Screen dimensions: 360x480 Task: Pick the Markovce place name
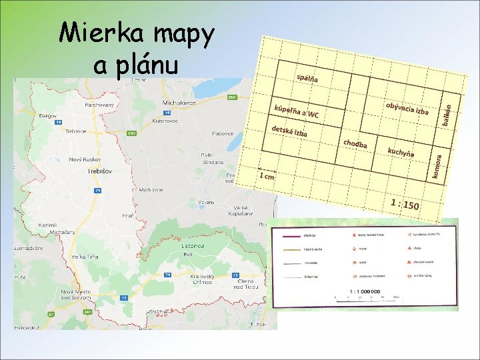151,189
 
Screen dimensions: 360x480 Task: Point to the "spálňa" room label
307,78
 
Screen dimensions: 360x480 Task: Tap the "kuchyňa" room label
401,152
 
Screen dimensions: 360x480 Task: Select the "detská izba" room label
289,131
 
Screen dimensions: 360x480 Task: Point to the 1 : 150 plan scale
405,203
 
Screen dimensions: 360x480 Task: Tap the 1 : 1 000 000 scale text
364,291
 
